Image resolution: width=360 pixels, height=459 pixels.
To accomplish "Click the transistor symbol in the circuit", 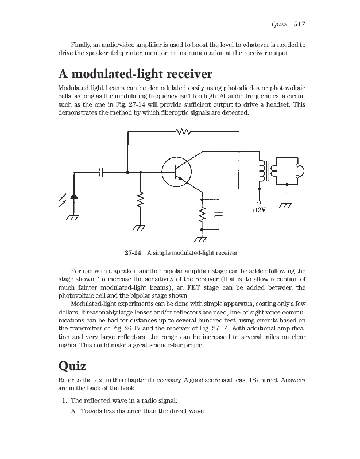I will tap(176, 171).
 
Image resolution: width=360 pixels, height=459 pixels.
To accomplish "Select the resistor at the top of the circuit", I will tap(183, 132).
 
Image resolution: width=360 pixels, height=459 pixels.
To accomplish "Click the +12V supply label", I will tap(259, 211).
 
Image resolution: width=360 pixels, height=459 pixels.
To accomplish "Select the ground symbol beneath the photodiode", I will tap(72, 218).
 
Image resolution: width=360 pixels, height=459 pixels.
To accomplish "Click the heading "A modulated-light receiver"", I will tap(136, 75).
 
